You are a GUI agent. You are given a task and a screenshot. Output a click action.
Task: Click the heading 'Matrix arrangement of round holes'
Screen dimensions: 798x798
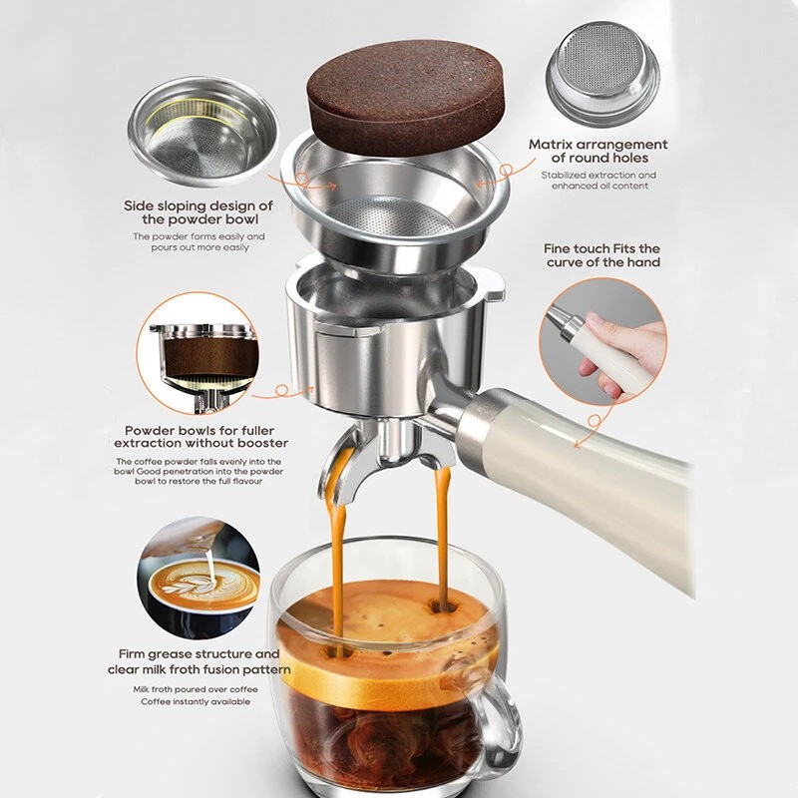coord(598,151)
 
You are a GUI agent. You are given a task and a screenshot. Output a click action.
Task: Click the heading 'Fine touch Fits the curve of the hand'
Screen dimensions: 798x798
coord(602,255)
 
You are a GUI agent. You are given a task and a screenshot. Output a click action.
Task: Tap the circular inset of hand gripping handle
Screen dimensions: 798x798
coord(603,340)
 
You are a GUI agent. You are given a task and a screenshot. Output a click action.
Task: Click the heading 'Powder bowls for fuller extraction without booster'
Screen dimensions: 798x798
coord(200,435)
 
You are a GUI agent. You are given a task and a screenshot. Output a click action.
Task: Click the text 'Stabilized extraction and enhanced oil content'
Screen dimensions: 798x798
coord(598,181)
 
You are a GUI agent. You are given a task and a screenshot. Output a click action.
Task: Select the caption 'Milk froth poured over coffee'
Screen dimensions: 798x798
coord(195,689)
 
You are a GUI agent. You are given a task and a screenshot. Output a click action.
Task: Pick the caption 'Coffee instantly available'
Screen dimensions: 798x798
coord(195,702)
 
